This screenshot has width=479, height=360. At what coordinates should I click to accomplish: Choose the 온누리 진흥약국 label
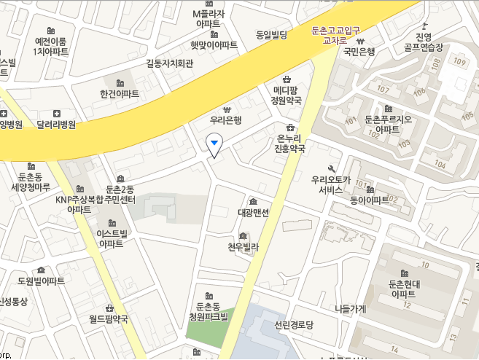point(289,144)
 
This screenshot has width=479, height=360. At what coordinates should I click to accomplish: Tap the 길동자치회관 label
point(170,63)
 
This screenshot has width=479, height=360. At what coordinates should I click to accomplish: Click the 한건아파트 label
point(120,94)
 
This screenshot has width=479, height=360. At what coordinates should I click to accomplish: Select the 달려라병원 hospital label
point(56,125)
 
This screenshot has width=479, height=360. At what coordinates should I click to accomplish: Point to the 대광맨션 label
point(253,214)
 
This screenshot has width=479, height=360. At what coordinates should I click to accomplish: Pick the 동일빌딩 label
point(272,35)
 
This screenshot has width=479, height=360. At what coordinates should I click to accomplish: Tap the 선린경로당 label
point(294,324)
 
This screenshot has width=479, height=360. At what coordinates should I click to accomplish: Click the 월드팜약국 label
point(109,318)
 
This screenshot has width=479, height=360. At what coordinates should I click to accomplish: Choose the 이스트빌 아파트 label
point(112,238)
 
